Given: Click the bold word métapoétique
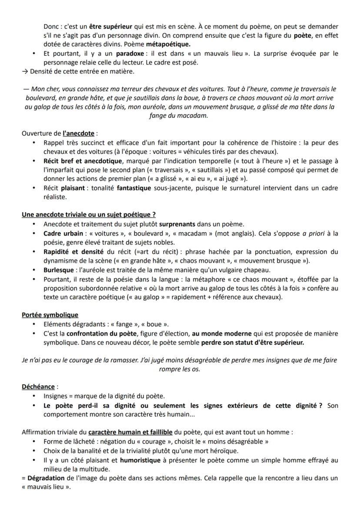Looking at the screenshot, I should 168,44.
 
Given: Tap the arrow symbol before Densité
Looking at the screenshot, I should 24,71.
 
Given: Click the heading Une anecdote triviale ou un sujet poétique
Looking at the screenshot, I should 89,214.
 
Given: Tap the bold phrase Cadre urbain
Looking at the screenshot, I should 63,233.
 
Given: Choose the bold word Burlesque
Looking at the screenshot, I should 58,269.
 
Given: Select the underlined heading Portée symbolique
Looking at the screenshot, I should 50,315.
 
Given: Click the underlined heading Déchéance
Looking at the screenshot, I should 38,386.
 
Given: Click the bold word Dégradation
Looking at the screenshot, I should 47,478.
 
